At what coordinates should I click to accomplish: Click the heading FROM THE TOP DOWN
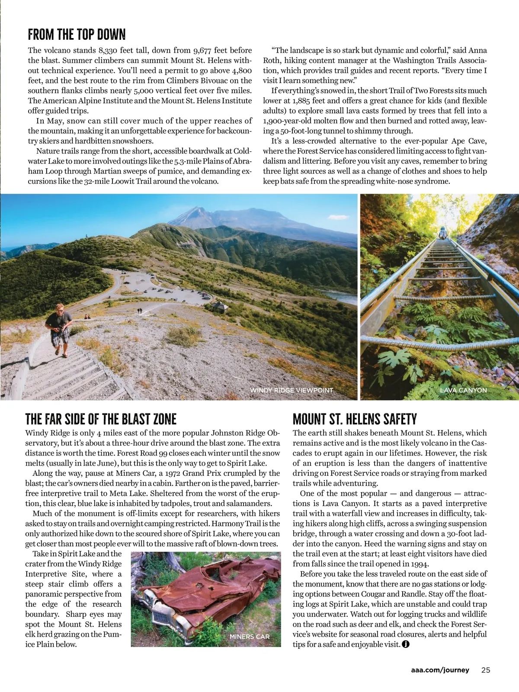pos(77,35)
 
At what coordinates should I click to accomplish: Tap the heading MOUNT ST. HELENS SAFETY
pos(355,419)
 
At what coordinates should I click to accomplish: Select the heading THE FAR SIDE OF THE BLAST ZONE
pos(101,419)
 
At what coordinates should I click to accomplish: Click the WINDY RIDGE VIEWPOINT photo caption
pos(292,390)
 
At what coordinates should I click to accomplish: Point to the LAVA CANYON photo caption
pos(463,390)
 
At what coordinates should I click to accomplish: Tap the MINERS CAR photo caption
pos(250,637)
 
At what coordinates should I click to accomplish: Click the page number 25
pos(486,670)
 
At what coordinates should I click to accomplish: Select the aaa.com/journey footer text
pos(440,670)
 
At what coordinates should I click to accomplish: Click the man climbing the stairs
pos(59,329)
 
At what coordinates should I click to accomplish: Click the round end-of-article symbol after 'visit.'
pos(405,644)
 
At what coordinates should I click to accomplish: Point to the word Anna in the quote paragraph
pos(477,51)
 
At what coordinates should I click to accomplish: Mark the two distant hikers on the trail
pos(139,311)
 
